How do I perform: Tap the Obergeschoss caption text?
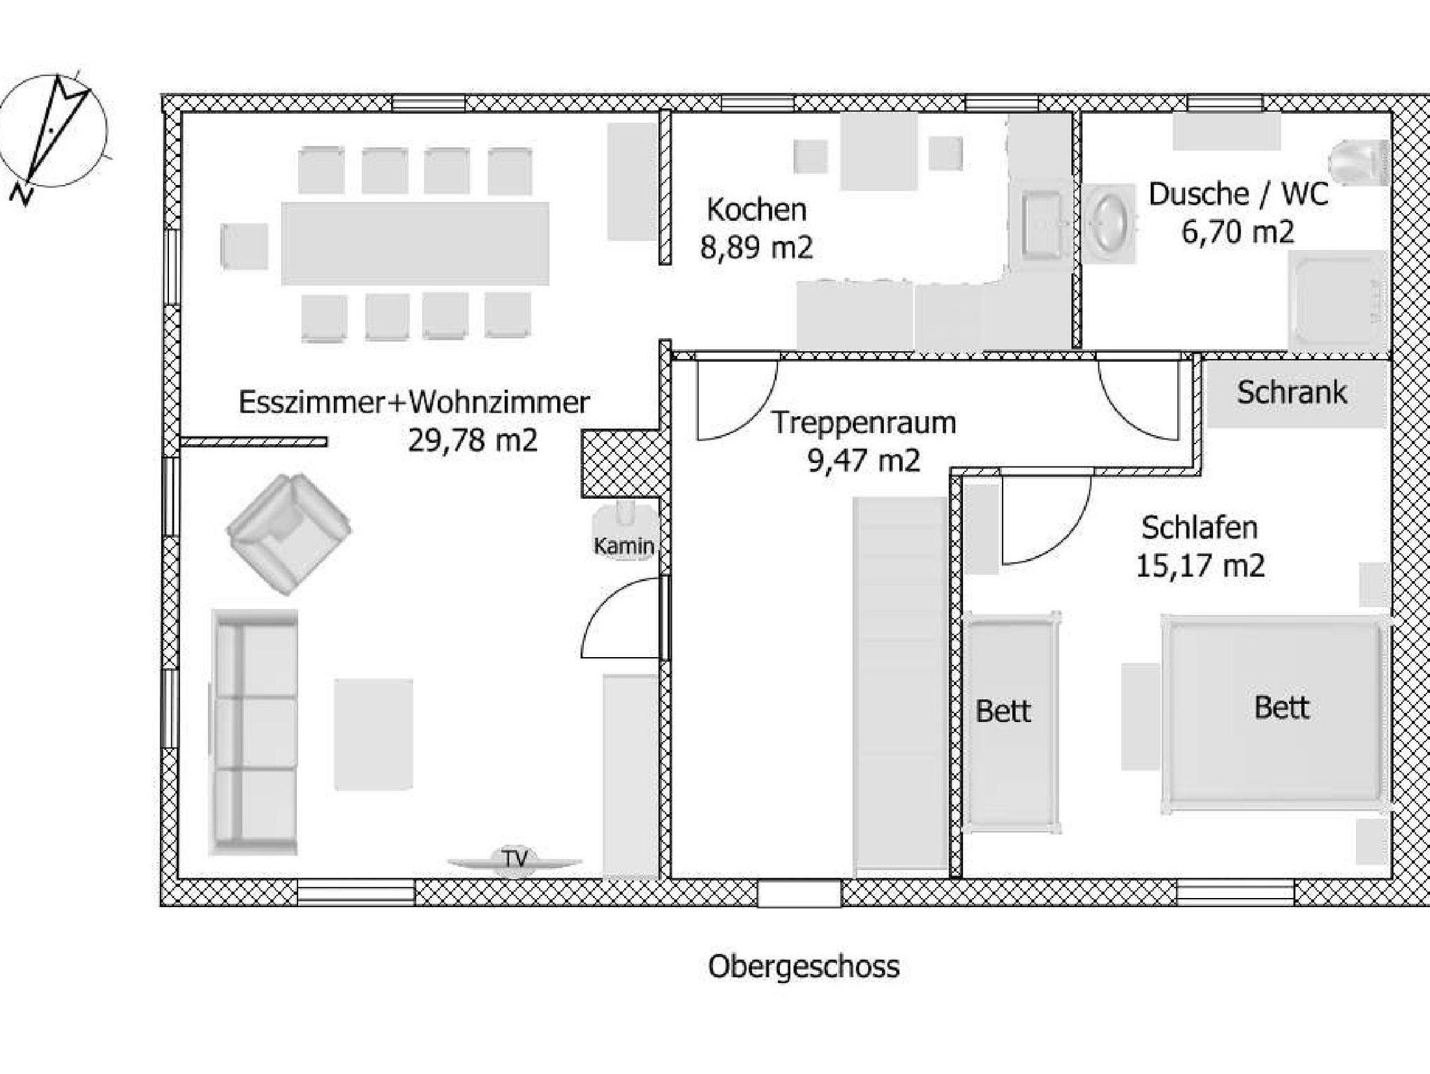tap(804, 968)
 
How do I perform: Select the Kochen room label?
tap(757, 209)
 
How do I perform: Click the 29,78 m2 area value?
tap(473, 441)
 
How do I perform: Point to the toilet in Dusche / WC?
tap(1359, 163)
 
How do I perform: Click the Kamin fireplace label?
tap(624, 546)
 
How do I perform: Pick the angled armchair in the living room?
tap(288, 534)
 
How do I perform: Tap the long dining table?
tap(415, 243)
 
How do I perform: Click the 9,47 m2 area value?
tap(864, 461)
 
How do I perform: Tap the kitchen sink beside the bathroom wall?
tap(1042, 223)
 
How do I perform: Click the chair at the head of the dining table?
tap(244, 246)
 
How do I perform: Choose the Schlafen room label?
tap(1200, 528)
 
